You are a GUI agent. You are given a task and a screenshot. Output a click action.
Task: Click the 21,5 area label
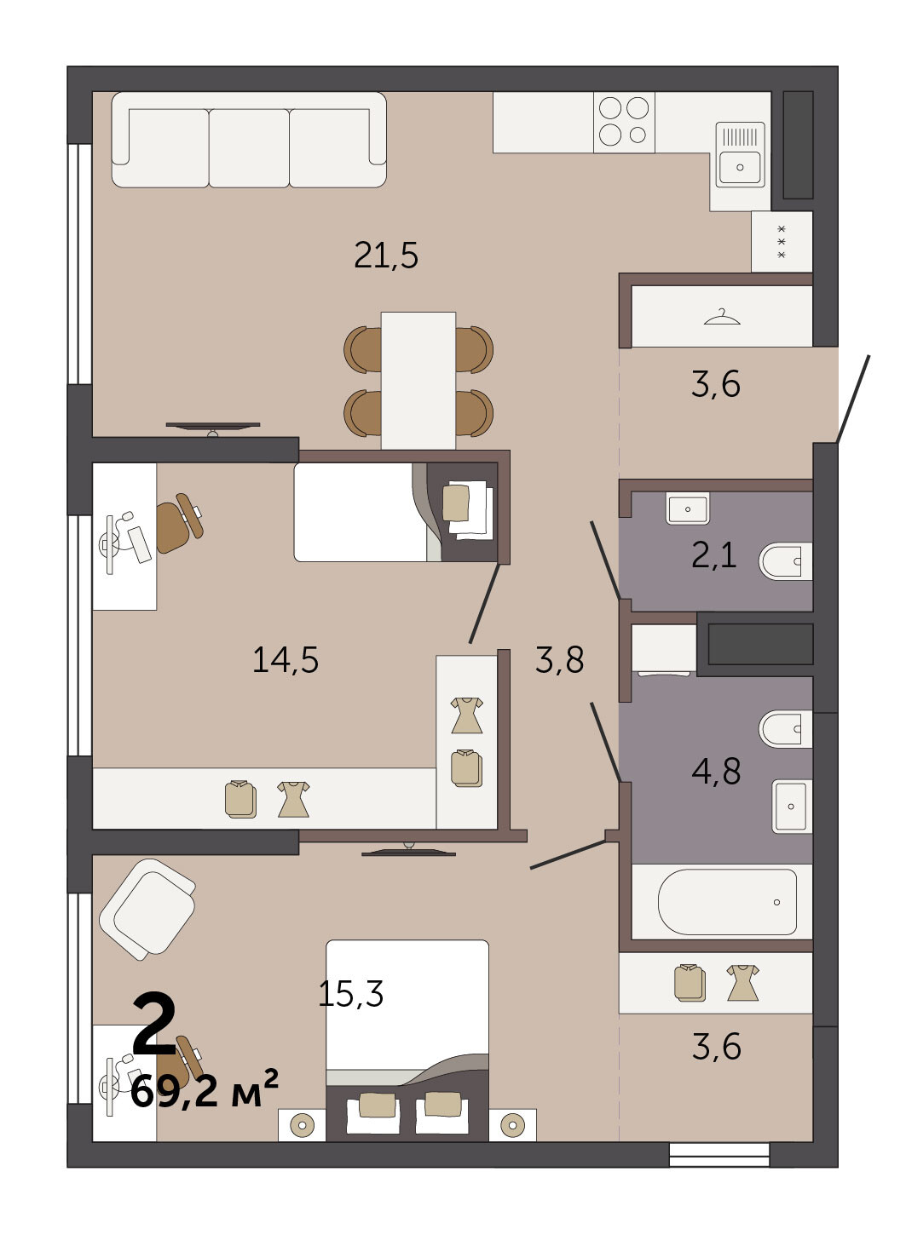(386, 256)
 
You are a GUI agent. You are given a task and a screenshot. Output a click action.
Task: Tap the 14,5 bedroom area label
(286, 659)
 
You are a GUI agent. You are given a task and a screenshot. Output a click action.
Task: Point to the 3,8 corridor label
(559, 659)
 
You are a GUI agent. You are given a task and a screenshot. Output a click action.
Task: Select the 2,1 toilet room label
(713, 555)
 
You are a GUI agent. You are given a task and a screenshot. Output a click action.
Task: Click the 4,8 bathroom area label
(716, 771)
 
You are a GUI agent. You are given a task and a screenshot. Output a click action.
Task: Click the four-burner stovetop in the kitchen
(624, 122)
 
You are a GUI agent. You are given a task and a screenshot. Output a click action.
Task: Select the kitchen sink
(740, 154)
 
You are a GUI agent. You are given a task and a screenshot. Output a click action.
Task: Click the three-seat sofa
(249, 140)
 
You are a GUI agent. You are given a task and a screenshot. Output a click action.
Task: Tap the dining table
(418, 381)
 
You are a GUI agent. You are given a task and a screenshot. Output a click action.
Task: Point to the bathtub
(727, 902)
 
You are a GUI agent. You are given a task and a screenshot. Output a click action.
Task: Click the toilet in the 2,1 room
(785, 560)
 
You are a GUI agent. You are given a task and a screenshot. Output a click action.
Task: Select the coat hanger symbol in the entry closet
(722, 317)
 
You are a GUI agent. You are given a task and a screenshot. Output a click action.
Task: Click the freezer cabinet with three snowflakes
(782, 242)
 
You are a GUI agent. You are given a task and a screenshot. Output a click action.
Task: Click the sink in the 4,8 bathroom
(792, 806)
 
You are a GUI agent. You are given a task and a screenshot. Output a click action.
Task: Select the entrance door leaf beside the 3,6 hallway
(853, 399)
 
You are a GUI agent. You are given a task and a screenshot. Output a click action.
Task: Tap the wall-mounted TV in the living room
(213, 426)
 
